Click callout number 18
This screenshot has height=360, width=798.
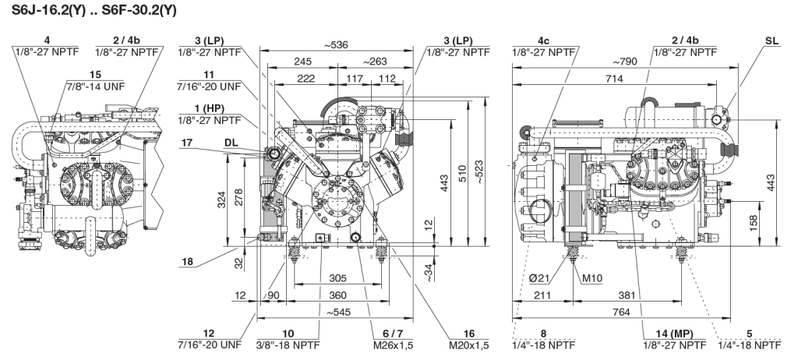click(189, 262)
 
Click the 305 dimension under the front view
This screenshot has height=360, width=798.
click(337, 278)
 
